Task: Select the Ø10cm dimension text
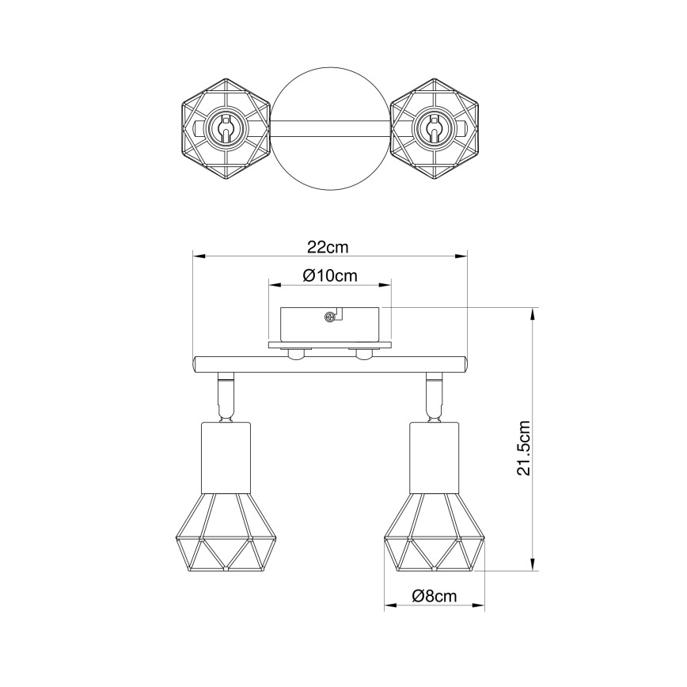point(330,275)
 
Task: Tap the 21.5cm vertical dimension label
point(523,447)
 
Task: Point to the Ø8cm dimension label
point(435,596)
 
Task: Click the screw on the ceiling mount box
point(328,317)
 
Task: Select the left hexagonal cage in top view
point(226,129)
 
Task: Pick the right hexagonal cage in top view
point(435,129)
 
